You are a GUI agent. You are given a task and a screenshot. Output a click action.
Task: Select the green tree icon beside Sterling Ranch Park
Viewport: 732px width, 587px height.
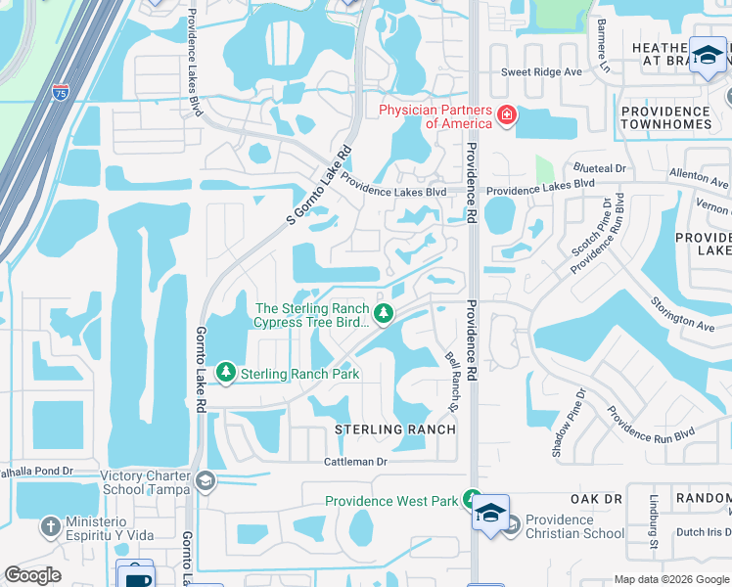tap(226, 373)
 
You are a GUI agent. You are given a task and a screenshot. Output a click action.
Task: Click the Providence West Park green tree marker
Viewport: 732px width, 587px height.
tap(472, 499)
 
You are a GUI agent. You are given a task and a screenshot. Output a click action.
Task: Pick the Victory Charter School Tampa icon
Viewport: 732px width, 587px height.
tap(206, 480)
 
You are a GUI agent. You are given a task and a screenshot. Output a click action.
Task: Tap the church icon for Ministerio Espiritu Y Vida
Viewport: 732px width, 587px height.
tap(51, 527)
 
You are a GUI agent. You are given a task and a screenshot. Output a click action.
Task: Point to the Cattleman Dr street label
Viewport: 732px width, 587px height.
tap(356, 461)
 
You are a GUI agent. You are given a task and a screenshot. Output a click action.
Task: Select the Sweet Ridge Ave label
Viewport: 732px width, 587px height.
tap(541, 72)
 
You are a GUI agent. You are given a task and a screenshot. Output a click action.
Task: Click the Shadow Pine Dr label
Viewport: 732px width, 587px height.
tap(567, 423)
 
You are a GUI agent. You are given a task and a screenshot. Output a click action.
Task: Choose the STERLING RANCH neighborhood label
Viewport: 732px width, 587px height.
tap(395, 429)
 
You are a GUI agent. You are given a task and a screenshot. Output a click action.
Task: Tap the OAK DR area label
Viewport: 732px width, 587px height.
tap(597, 498)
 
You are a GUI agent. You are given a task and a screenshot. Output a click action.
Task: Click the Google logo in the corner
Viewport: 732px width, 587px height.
tap(32, 575)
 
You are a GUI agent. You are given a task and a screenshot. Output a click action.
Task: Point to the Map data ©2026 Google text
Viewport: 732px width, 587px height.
tap(670, 579)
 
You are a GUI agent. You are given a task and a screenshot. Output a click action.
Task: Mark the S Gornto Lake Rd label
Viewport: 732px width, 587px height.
tap(319, 187)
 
